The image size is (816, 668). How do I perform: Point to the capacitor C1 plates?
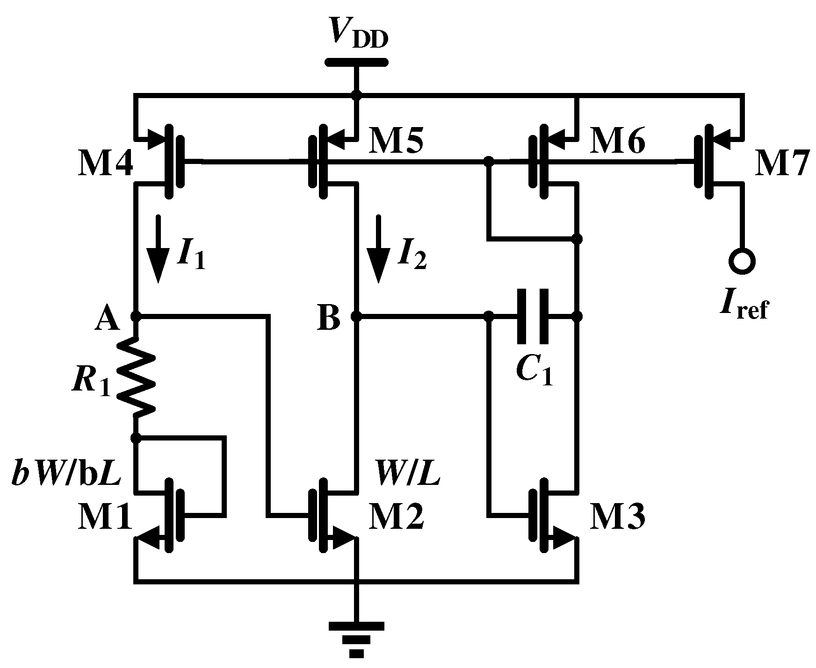(533, 316)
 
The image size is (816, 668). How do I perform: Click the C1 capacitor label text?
(534, 371)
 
